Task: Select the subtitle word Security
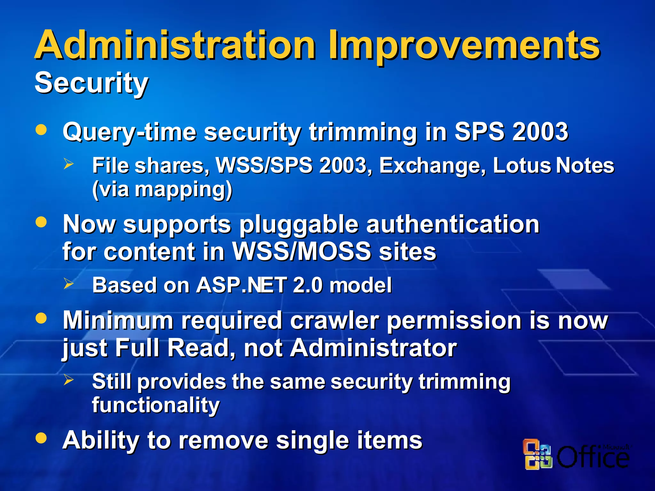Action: (91, 83)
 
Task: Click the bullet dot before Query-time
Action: (41, 130)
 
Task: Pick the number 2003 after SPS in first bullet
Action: (540, 132)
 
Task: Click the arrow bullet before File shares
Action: (68, 164)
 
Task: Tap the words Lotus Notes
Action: (553, 166)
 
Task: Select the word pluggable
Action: (299, 225)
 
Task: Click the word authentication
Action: (453, 224)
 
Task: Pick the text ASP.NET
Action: (241, 285)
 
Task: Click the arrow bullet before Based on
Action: (68, 284)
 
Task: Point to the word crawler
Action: (335, 321)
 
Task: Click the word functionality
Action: (156, 405)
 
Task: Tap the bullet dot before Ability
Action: (41, 438)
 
